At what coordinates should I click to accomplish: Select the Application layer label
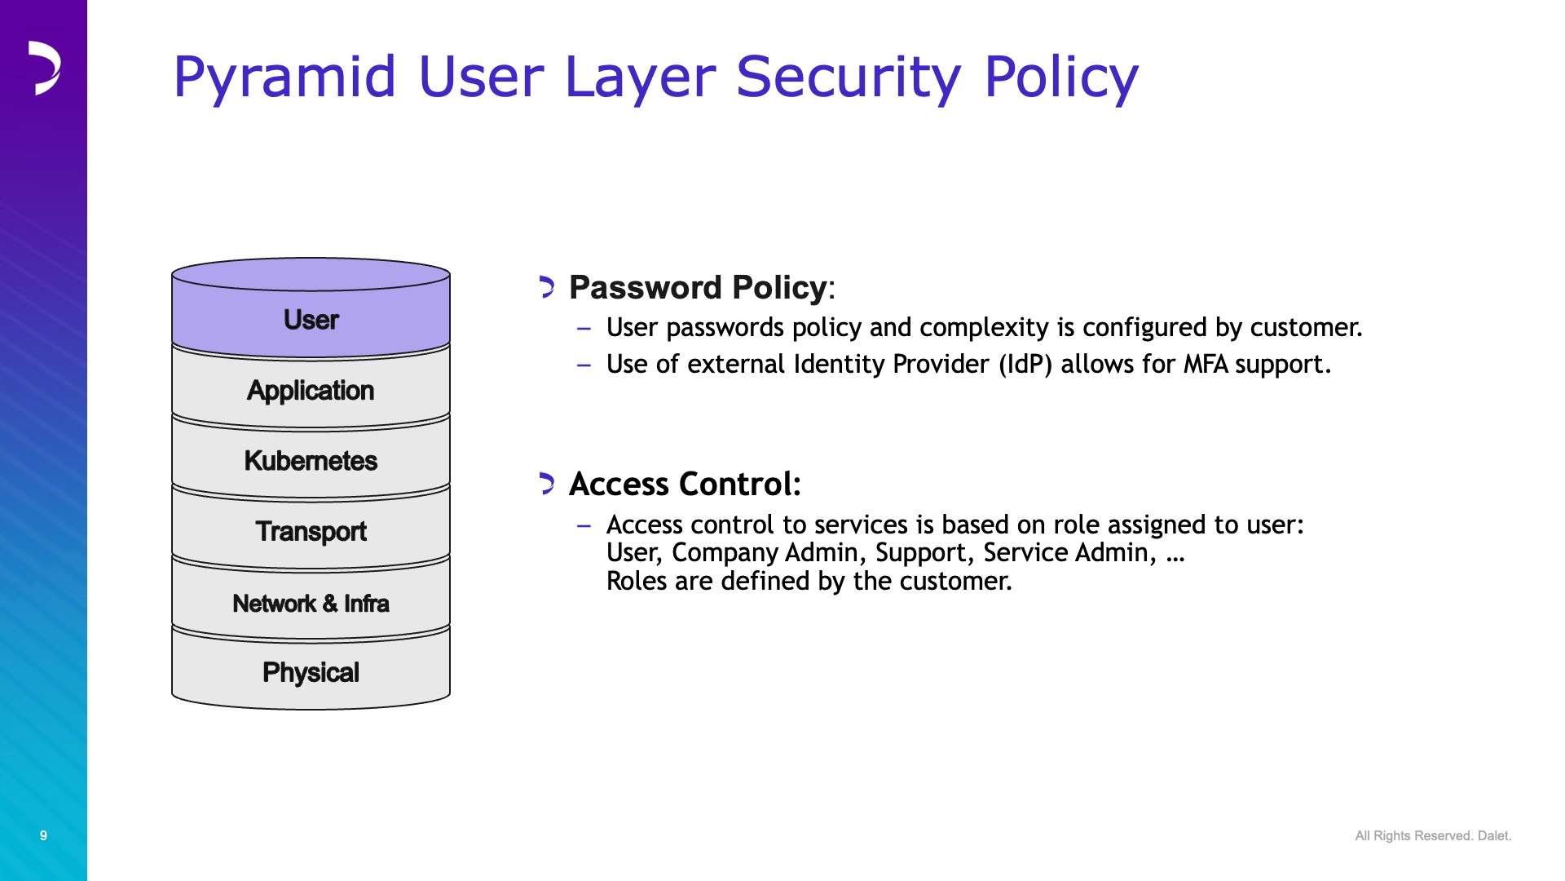point(311,391)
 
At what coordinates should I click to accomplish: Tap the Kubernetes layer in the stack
point(311,461)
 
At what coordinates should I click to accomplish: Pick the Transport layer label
point(311,532)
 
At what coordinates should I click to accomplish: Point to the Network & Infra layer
point(311,603)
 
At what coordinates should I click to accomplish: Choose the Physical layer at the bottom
point(311,672)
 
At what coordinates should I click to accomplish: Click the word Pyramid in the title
point(284,78)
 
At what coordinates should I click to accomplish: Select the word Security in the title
point(849,78)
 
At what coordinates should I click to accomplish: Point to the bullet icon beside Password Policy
point(547,287)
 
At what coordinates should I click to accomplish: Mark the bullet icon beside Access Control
point(547,484)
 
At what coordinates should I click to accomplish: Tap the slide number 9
point(43,835)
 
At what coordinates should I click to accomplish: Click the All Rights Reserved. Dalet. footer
point(1433,835)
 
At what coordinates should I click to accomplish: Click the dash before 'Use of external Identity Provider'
point(584,365)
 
